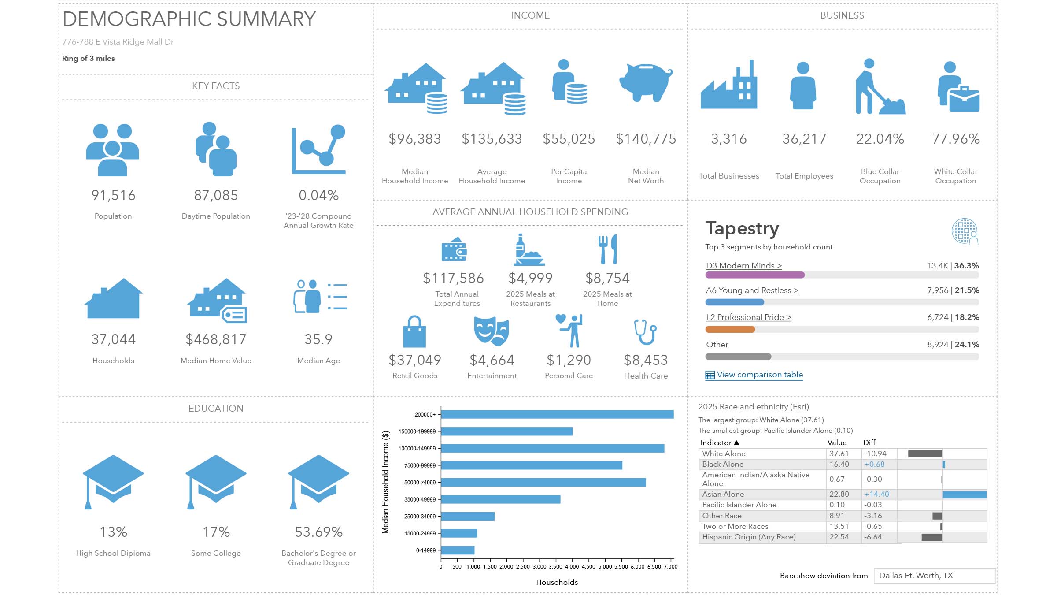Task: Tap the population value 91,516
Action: click(113, 195)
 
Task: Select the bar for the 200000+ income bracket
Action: click(557, 414)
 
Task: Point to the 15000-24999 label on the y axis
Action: click(420, 533)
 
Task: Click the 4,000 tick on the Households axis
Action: click(572, 567)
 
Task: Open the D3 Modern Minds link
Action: click(743, 266)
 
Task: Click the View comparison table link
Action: click(759, 375)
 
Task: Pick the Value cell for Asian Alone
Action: click(839, 494)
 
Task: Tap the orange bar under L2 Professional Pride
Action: click(730, 329)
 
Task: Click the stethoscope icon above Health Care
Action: click(646, 332)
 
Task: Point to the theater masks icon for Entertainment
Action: click(492, 331)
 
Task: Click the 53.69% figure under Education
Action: click(318, 532)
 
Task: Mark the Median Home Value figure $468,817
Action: click(216, 339)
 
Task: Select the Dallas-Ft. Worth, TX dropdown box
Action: click(934, 576)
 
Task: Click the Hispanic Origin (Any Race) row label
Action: click(749, 537)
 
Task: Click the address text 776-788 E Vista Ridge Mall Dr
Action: click(118, 42)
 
